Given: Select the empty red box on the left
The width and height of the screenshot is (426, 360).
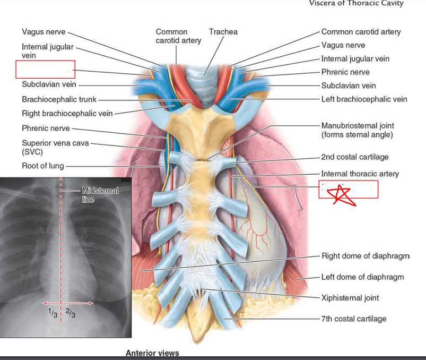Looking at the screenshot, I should pyautogui.click(x=45, y=70).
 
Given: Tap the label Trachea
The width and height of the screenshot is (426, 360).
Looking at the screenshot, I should pyautogui.click(x=223, y=32).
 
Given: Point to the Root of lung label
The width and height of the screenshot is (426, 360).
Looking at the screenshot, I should pyautogui.click(x=43, y=166).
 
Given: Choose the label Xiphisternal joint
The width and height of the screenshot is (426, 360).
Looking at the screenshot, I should pyautogui.click(x=350, y=298).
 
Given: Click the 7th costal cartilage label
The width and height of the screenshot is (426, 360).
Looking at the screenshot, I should pyautogui.click(x=353, y=319).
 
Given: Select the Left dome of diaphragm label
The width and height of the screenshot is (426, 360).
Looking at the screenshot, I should pyautogui.click(x=362, y=277).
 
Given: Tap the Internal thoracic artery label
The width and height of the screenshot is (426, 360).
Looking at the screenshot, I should pyautogui.click(x=360, y=174).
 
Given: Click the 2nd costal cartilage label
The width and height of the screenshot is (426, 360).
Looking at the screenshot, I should pyautogui.click(x=354, y=157).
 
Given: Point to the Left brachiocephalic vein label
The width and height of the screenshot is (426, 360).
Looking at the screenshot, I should pyautogui.click(x=364, y=99).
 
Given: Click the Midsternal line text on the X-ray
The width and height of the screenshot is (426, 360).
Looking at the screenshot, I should pyautogui.click(x=100, y=194).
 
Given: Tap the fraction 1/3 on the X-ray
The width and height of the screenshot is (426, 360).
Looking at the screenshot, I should pyautogui.click(x=52, y=312).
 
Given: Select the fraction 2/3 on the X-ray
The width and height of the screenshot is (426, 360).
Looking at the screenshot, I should pyautogui.click(x=70, y=313).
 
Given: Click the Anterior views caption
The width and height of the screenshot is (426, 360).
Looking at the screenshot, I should pyautogui.click(x=152, y=353).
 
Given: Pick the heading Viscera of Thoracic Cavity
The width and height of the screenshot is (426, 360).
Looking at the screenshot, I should pyautogui.click(x=356, y=4).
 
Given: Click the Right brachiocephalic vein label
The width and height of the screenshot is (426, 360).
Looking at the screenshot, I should pyautogui.click(x=67, y=113).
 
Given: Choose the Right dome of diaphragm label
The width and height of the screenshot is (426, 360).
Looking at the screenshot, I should pyautogui.click(x=365, y=256).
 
